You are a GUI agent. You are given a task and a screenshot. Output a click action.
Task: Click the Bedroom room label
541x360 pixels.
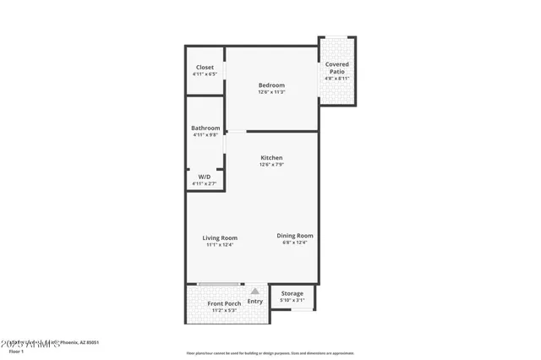[x=271, y=85]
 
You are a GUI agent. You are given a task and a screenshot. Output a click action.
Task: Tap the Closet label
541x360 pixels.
[x=205, y=68]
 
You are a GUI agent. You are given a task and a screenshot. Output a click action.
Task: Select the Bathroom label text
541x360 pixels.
[x=205, y=128]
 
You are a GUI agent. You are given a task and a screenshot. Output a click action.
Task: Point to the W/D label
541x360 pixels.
[x=205, y=177]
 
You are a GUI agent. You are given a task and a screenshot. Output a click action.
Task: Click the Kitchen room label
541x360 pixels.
[x=271, y=158]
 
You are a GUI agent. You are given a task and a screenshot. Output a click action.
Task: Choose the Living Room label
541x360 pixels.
[x=220, y=238]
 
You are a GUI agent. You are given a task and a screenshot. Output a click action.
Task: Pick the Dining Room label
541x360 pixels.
[x=295, y=236]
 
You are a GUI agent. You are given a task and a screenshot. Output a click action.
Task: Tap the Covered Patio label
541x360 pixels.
[x=336, y=68]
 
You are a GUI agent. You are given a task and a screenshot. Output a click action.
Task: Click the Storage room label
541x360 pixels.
[x=292, y=293]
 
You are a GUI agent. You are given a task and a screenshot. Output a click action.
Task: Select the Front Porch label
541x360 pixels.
[x=224, y=303]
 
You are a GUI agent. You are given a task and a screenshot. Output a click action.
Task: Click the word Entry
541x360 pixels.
[x=255, y=302]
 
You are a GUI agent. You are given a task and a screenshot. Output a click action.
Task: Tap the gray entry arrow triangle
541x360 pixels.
[x=254, y=291]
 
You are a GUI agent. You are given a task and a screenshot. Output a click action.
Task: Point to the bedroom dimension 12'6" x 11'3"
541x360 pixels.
[x=271, y=92]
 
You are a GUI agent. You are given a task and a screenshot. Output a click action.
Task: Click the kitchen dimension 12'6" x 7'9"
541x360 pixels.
[x=271, y=165]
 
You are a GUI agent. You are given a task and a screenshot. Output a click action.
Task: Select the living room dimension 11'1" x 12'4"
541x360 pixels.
[x=220, y=245]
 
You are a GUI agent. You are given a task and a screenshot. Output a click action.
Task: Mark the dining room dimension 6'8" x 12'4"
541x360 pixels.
[x=295, y=243]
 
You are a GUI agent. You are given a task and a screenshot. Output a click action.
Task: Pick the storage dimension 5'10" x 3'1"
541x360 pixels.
[x=292, y=300]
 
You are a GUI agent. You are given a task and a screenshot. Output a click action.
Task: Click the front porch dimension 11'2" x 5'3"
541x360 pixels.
[x=224, y=310]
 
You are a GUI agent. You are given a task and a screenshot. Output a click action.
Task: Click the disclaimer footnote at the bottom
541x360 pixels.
[x=270, y=353]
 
